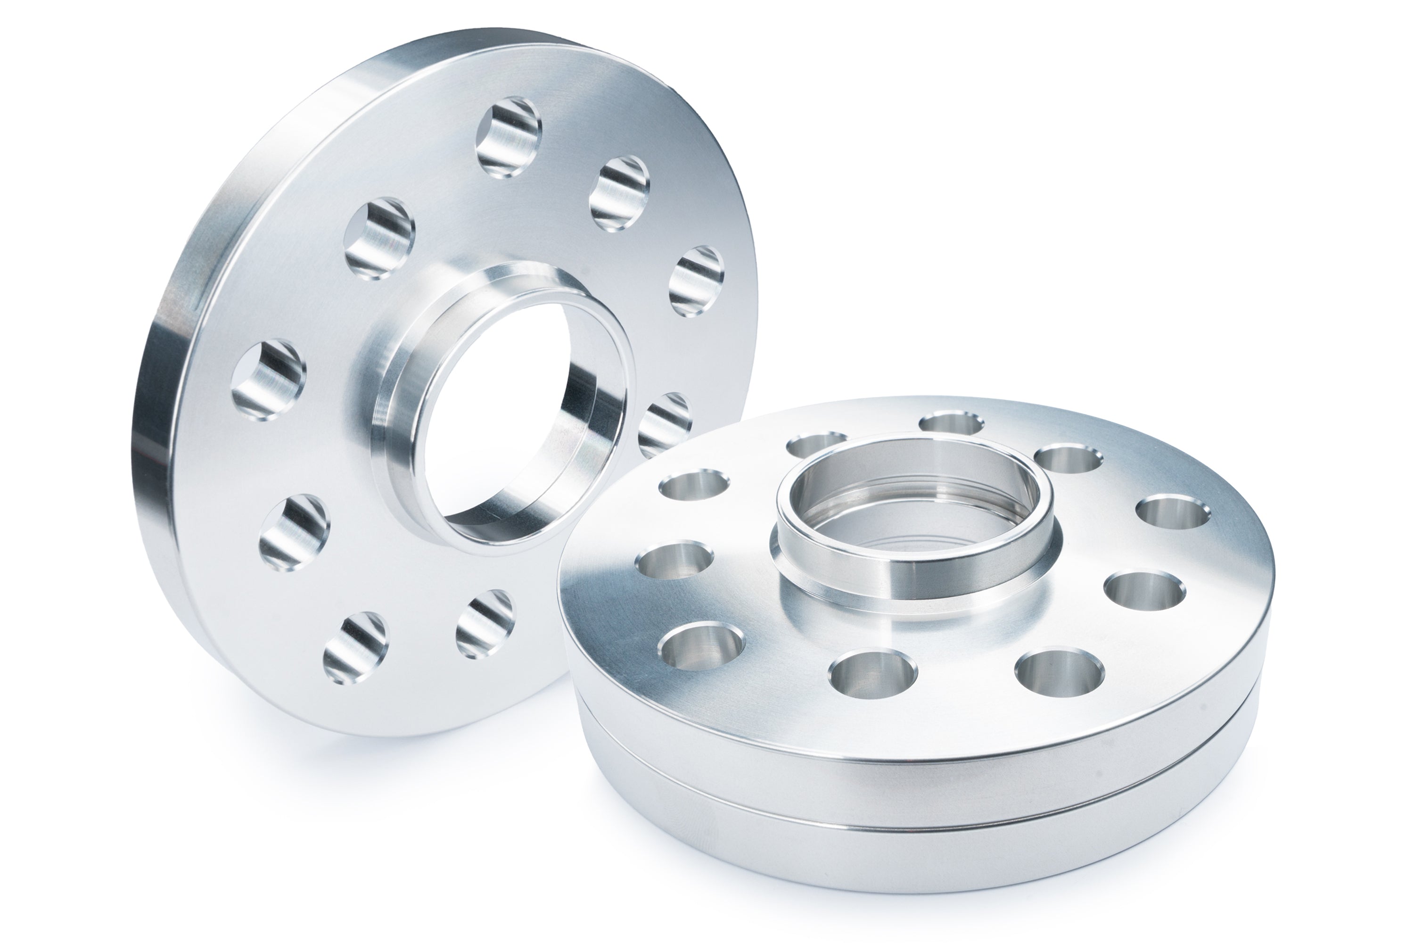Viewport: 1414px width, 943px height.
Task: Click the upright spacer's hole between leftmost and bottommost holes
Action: [x=295, y=532]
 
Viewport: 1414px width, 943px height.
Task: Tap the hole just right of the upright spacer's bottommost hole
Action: [x=485, y=624]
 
